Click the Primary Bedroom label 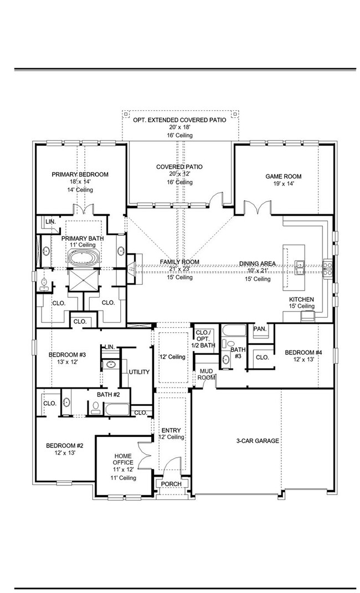[x=80, y=174]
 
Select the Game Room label [x=283, y=177]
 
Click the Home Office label [x=123, y=458]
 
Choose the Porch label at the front [x=171, y=484]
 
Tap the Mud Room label [x=207, y=374]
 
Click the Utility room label [x=139, y=372]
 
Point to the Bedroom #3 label [x=66, y=355]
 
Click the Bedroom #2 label [x=64, y=445]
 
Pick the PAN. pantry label [x=260, y=328]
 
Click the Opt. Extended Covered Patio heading [x=179, y=120]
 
